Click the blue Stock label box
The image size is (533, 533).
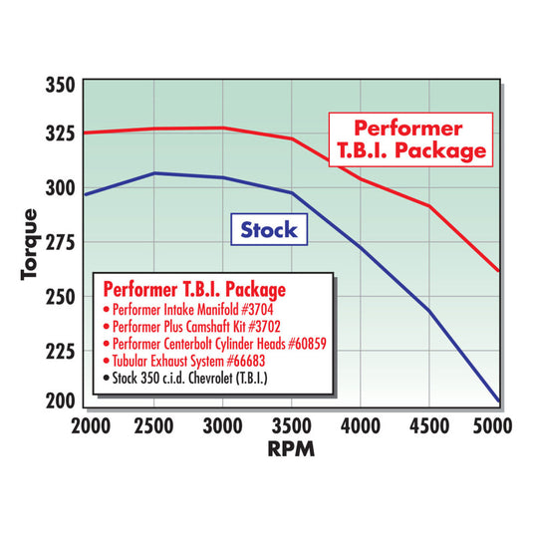tap(269, 230)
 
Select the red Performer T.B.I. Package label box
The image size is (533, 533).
tap(409, 139)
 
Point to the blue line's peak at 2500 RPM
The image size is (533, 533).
tap(153, 173)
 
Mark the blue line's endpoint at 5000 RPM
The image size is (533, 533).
tap(498, 401)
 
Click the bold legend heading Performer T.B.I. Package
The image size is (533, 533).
tap(194, 289)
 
